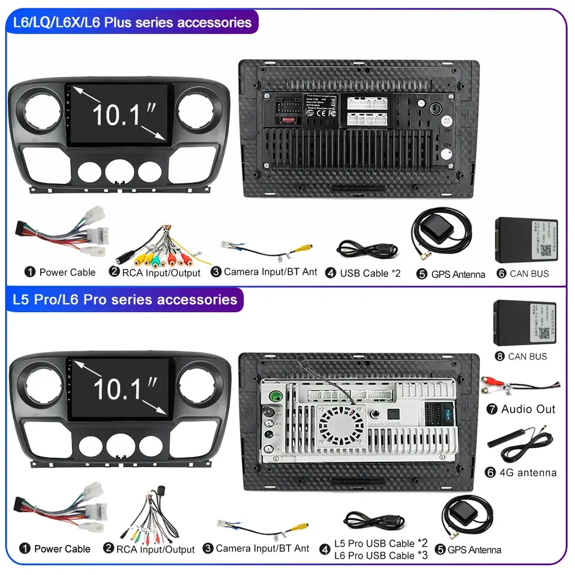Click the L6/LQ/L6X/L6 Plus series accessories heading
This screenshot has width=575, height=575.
[132, 23]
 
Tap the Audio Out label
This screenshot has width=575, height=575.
[528, 409]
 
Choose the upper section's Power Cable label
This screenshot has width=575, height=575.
[67, 272]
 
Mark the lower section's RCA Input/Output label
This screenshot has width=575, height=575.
[155, 549]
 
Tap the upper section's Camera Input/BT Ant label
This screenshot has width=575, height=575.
[270, 272]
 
